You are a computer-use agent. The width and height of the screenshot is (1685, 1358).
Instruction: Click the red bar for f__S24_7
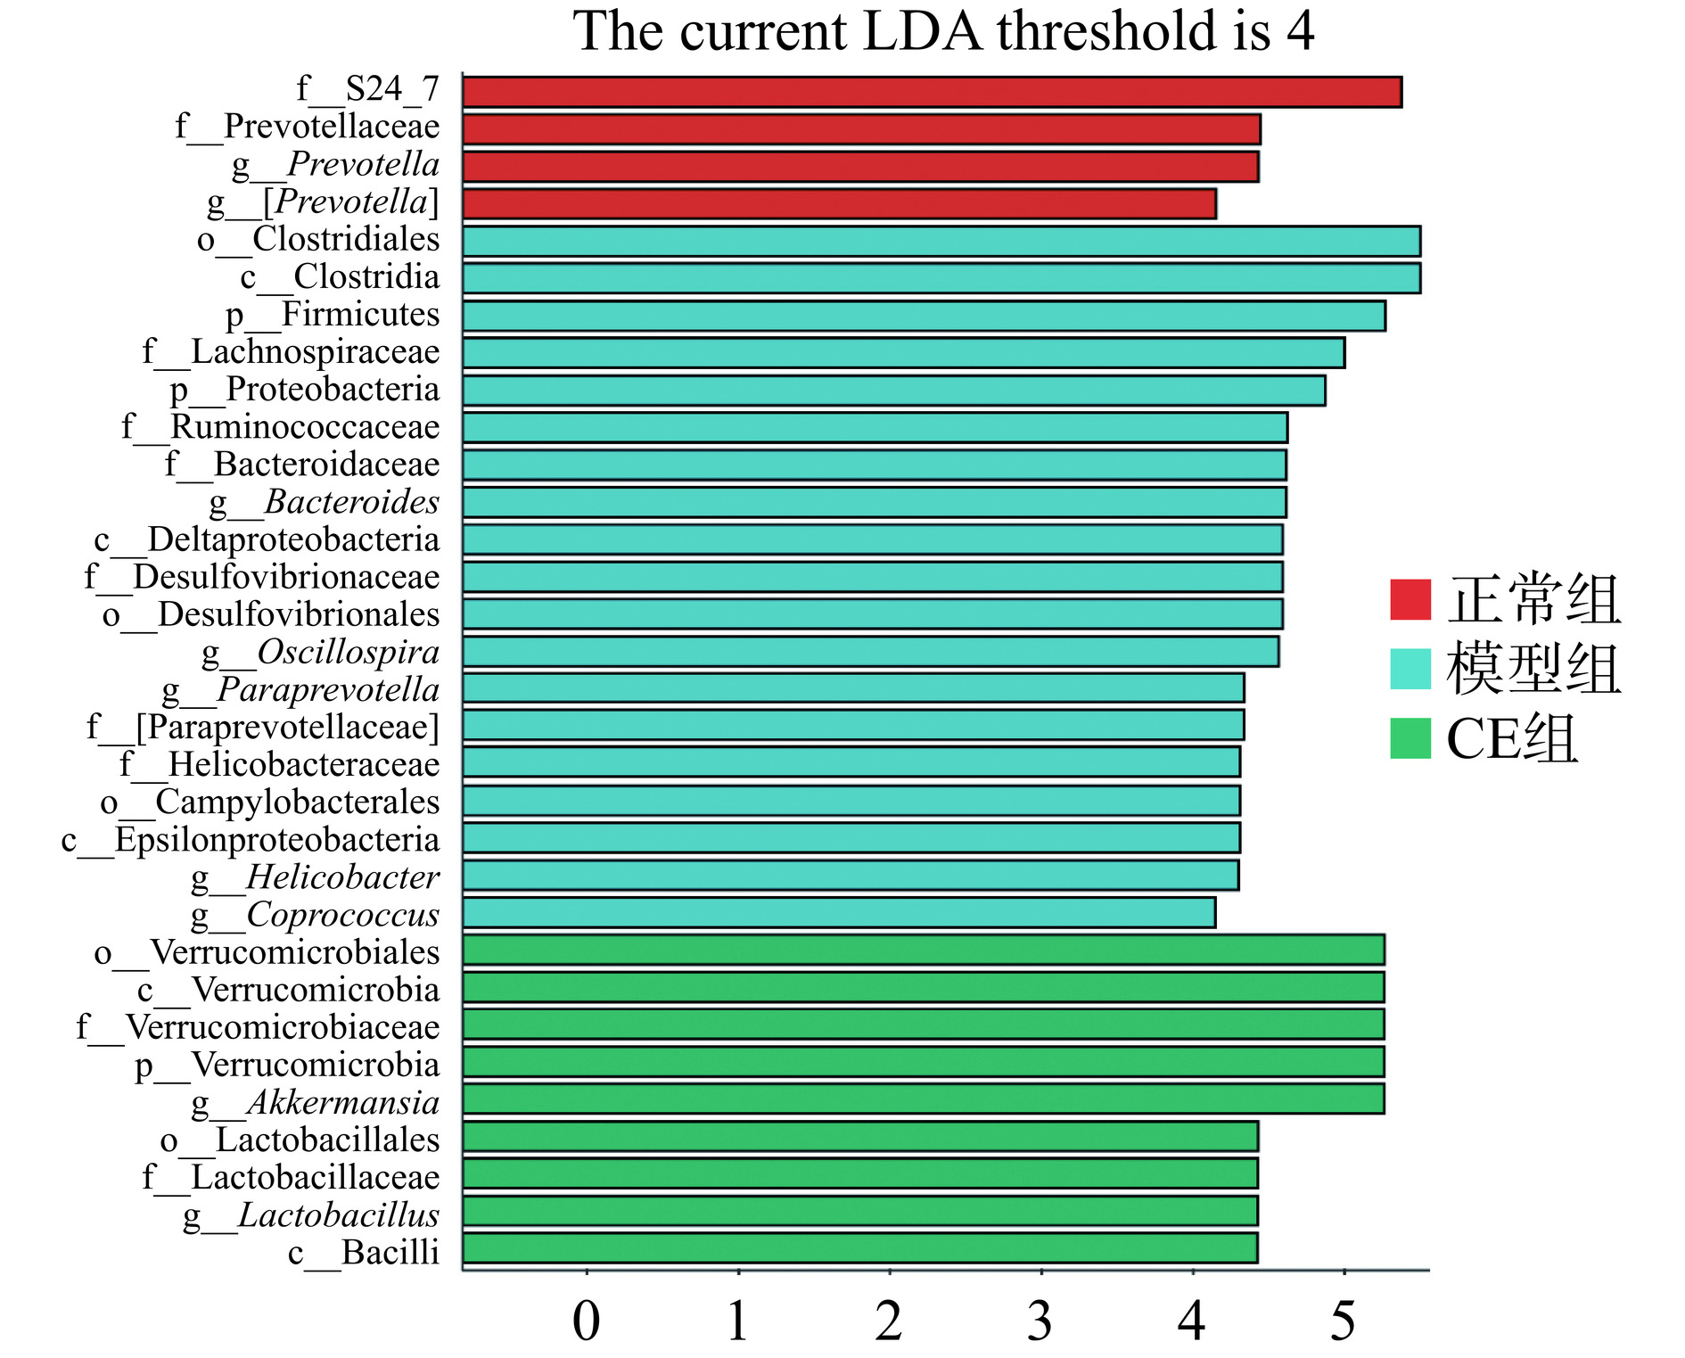pyautogui.click(x=932, y=92)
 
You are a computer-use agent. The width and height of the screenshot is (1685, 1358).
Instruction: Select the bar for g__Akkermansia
pyautogui.click(x=923, y=1099)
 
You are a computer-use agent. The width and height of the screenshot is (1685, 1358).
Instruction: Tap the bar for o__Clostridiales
pyautogui.click(x=941, y=241)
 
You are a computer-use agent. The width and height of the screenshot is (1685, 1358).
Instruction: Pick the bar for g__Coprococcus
pyautogui.click(x=838, y=912)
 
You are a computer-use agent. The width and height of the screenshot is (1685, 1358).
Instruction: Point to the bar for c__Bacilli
pyautogui.click(x=860, y=1248)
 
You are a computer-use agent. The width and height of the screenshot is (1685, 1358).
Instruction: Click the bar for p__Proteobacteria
pyautogui.click(x=893, y=391)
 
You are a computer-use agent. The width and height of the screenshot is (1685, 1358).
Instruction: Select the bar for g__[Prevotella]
pyautogui.click(x=838, y=203)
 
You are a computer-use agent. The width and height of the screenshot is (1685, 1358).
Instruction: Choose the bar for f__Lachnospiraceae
pyautogui.click(x=903, y=353)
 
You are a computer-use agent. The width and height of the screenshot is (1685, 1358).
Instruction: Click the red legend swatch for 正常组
pyautogui.click(x=1410, y=599)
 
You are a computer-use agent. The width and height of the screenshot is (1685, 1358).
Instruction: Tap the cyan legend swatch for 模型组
pyautogui.click(x=1410, y=669)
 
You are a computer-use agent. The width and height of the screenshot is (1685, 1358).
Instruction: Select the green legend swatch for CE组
pyautogui.click(x=1410, y=738)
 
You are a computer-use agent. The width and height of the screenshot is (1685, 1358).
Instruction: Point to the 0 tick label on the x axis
pyautogui.click(x=586, y=1321)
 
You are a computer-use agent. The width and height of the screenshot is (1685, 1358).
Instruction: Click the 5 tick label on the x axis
pyautogui.click(x=1343, y=1321)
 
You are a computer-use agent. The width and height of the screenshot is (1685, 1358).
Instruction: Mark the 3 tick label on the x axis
pyautogui.click(x=1040, y=1321)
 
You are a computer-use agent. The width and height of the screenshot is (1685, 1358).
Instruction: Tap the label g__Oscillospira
pyautogui.click(x=321, y=653)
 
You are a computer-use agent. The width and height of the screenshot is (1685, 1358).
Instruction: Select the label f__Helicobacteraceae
pyautogui.click(x=280, y=765)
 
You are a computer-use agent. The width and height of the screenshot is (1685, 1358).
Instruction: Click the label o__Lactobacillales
pyautogui.click(x=300, y=1140)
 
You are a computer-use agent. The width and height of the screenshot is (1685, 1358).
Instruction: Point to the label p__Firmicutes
pyautogui.click(x=333, y=316)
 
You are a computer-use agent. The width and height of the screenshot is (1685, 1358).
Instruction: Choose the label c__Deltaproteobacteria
pyautogui.click(x=267, y=540)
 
